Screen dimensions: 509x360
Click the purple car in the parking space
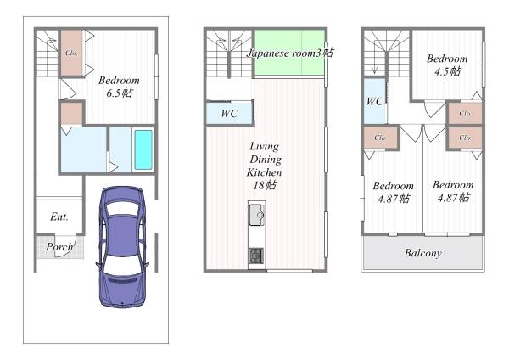[x=122, y=247]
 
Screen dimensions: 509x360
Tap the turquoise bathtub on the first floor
[x=143, y=149]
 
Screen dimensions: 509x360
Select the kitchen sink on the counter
[x=256, y=215]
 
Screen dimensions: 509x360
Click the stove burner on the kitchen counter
[x=256, y=256]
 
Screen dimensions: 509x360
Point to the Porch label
[x=59, y=247]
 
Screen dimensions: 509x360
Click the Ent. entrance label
[x=59, y=217]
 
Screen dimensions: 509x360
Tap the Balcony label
[x=423, y=253]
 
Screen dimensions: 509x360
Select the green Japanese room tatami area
[x=289, y=53]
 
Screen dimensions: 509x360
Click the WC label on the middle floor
[x=230, y=114]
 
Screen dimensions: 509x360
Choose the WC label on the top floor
[x=375, y=101]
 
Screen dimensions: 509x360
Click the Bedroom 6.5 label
[x=119, y=87]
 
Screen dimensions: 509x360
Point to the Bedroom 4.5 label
[x=447, y=65]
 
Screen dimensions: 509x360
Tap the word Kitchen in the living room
[x=264, y=172]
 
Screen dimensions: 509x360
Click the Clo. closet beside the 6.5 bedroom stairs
[x=72, y=53]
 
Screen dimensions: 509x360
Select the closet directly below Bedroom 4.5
[x=465, y=114]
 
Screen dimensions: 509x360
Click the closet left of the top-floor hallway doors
[x=380, y=138]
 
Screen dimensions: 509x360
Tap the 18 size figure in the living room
[x=259, y=185]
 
